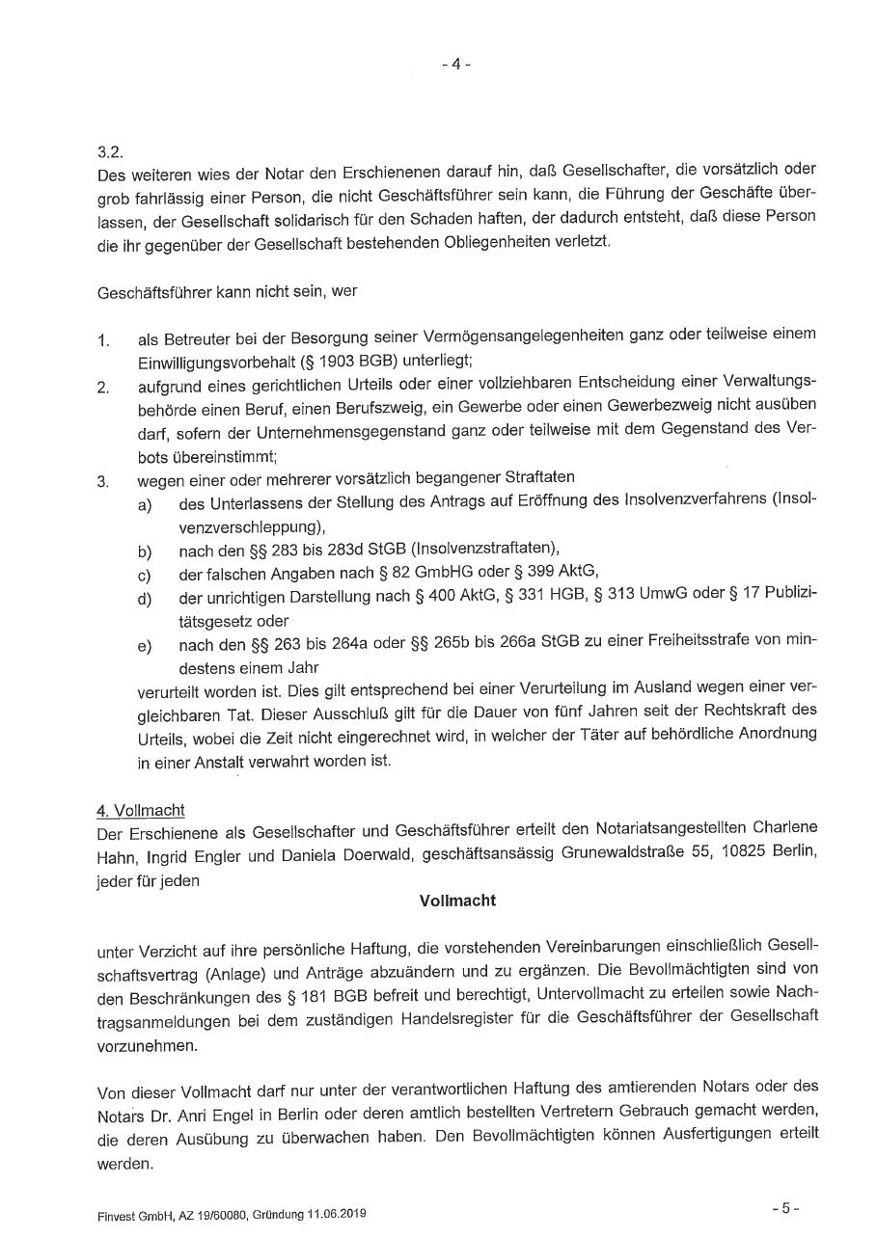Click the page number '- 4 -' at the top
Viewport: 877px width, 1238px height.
456,65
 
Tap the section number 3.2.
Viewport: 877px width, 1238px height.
108,152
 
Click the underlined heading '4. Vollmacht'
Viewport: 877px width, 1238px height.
141,810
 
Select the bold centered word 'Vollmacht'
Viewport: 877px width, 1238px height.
457,901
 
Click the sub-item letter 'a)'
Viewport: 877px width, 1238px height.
145,505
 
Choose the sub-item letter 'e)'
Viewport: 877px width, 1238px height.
145,645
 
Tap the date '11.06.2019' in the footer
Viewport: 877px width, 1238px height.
334,1215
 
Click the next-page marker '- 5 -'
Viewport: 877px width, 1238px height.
784,1207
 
